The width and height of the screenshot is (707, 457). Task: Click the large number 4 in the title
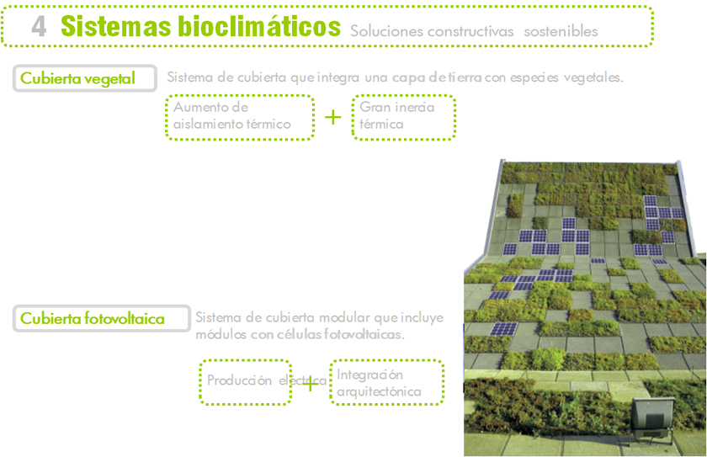click(39, 26)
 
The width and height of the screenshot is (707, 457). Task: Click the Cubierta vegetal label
click(77, 78)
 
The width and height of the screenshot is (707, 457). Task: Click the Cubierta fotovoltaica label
click(92, 318)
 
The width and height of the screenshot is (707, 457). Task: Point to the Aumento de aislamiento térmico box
click(241, 116)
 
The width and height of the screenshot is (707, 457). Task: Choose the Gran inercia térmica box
click(403, 116)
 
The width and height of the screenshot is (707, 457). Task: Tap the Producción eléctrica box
click(245, 381)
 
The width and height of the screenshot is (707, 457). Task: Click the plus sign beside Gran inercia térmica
click(333, 117)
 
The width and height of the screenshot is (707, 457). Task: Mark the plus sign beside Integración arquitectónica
click(311, 384)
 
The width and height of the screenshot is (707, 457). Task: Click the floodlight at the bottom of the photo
click(653, 416)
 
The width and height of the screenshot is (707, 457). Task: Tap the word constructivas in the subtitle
click(470, 31)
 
